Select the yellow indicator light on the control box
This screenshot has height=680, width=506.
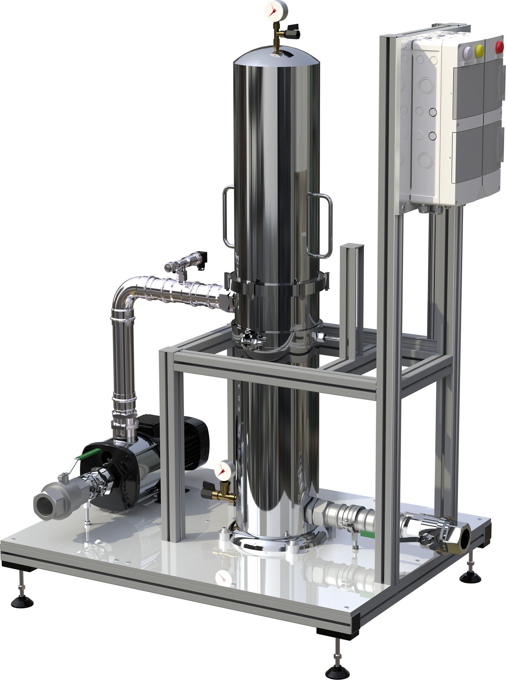tap(479, 49)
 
